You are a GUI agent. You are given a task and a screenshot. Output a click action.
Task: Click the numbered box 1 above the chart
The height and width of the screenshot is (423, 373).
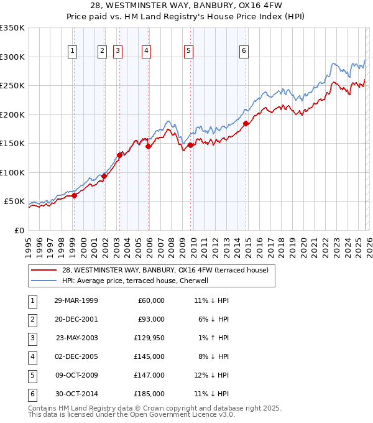point(73,51)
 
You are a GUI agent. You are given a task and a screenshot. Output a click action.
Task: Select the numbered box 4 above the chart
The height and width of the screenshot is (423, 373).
point(145,51)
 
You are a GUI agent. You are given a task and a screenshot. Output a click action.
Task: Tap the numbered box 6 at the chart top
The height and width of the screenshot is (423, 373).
point(244,51)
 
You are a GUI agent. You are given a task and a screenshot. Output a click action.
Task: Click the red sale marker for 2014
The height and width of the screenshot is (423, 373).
point(246,123)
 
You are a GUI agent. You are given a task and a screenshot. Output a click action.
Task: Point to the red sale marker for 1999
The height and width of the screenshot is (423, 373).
point(74,195)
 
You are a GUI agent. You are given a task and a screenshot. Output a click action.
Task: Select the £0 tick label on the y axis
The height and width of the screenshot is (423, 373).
point(19,230)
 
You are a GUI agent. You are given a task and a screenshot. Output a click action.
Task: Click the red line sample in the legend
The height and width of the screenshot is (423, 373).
point(45,270)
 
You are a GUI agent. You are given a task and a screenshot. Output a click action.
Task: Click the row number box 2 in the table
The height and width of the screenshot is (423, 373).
point(31,319)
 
